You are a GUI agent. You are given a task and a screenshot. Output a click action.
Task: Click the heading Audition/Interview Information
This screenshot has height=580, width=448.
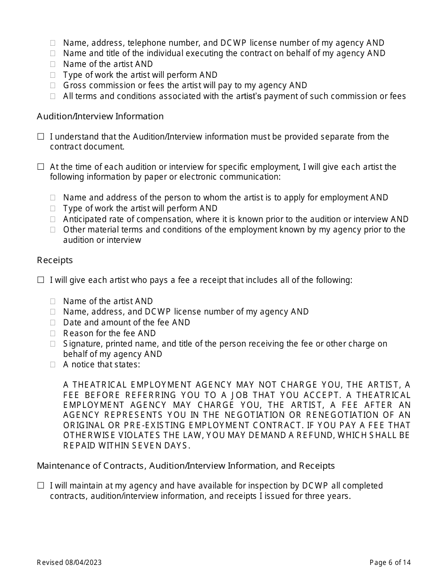click(100, 116)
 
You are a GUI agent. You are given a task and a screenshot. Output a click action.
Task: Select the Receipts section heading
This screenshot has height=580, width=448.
click(55, 260)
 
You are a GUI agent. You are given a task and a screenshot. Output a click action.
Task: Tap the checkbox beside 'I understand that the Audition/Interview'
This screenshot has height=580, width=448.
click(41, 137)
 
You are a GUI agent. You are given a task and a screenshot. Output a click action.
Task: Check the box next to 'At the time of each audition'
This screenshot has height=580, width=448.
click(41, 167)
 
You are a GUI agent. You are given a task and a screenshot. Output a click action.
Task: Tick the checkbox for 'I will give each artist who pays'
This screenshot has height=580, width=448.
click(41, 280)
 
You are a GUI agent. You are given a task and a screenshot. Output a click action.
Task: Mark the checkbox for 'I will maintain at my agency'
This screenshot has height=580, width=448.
click(41, 486)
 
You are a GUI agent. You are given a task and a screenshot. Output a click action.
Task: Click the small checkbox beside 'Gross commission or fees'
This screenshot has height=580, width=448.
click(53, 86)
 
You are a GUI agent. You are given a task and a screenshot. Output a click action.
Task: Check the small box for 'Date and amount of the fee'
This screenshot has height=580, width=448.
click(53, 323)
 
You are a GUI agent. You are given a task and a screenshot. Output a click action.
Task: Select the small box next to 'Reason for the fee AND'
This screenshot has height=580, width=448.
click(53, 333)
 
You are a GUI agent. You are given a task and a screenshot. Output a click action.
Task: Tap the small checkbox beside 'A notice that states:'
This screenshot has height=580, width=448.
click(53, 365)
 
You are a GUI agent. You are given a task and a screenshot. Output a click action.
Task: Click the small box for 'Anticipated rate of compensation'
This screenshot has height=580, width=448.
click(53, 219)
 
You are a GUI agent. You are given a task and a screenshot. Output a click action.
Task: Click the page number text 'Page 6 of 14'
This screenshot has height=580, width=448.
click(390, 562)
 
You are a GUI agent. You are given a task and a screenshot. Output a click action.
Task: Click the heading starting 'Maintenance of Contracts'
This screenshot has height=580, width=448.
click(185, 466)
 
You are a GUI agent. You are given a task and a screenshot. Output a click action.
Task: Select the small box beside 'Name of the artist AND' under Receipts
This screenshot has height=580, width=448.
click(53, 301)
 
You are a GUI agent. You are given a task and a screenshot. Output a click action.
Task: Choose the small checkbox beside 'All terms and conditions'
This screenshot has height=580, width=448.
click(53, 97)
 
